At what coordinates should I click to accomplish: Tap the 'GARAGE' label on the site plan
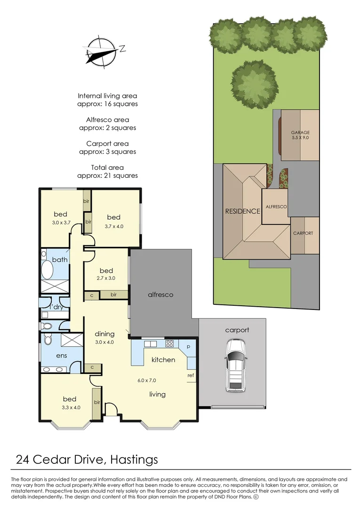pyautogui.click(x=300, y=132)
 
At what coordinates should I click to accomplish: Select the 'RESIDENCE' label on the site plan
pyautogui.click(x=243, y=211)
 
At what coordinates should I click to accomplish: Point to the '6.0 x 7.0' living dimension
pyautogui.click(x=146, y=381)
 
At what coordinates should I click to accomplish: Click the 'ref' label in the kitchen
pyautogui.click(x=191, y=375)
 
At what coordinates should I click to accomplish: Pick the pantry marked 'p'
pyautogui.click(x=188, y=347)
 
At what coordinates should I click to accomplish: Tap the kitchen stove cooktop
pyautogui.click(x=170, y=343)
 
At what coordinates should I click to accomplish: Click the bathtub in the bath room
pyautogui.click(x=48, y=269)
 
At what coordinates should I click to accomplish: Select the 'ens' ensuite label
pyautogui.click(x=62, y=356)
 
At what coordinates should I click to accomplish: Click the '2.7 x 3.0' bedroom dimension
pyautogui.click(x=106, y=278)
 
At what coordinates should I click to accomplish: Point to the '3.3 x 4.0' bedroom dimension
pyautogui.click(x=71, y=407)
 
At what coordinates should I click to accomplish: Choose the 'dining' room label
pyautogui.click(x=104, y=333)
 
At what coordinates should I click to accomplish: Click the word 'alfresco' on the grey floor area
pyautogui.click(x=160, y=294)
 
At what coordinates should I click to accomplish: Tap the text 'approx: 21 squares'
pyautogui.click(x=108, y=175)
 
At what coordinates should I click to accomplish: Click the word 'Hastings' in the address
pyautogui.click(x=134, y=460)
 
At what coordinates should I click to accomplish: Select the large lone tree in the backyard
pyautogui.click(x=255, y=85)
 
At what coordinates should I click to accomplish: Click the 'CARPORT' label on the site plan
pyautogui.click(x=303, y=233)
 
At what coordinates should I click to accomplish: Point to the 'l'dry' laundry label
pyautogui.click(x=56, y=307)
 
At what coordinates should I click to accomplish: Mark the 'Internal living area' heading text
pyautogui.click(x=107, y=96)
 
